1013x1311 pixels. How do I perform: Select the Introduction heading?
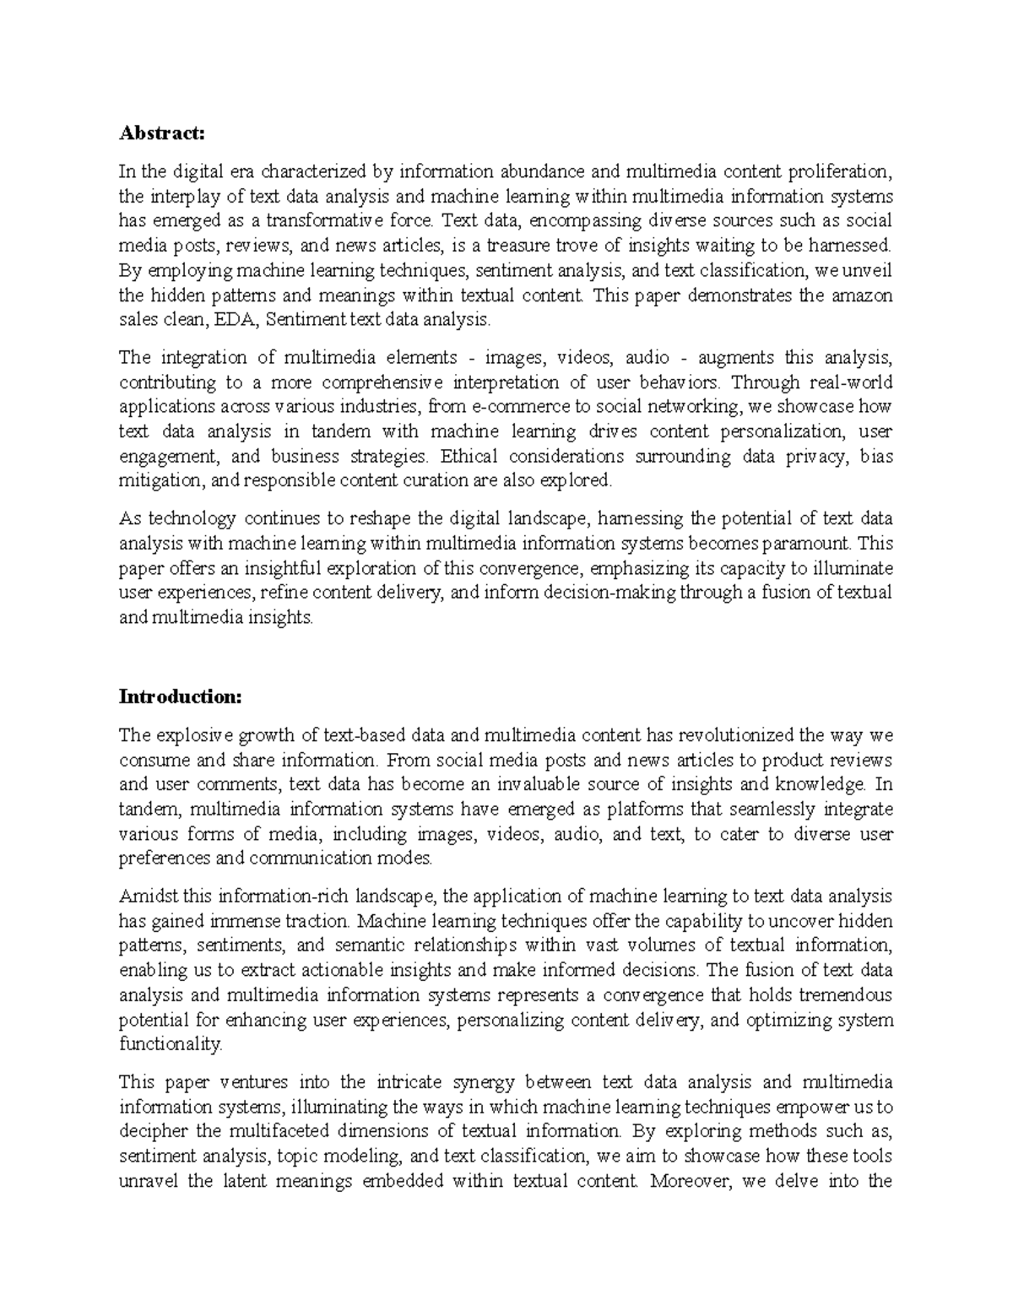pyautogui.click(x=181, y=696)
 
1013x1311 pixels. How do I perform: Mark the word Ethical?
pyautogui.click(x=468, y=456)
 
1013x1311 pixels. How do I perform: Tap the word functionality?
pyautogui.click(x=171, y=1044)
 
